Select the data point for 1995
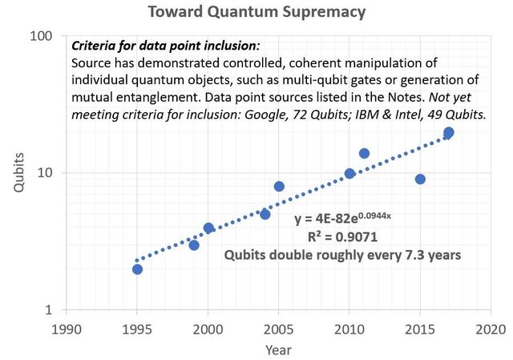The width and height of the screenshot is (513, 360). click(137, 269)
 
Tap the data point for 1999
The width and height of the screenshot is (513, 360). click(194, 245)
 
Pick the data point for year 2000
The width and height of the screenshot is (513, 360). click(208, 228)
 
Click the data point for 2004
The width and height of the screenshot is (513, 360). click(265, 214)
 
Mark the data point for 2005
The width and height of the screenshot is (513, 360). click(279, 186)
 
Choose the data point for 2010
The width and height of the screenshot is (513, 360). click(349, 173)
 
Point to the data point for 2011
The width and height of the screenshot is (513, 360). click(364, 153)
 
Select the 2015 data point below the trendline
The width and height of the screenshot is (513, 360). click(420, 179)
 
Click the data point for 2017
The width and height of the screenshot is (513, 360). click(449, 132)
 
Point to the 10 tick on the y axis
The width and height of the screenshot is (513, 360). click(46, 173)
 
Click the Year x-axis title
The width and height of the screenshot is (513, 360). click(279, 350)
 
